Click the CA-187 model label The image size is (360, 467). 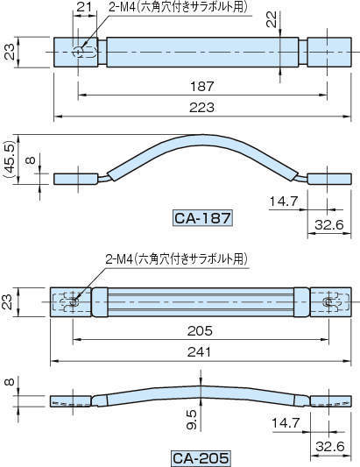click(x=203, y=218)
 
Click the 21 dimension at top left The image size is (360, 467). click(x=84, y=8)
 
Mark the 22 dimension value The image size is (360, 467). click(x=271, y=18)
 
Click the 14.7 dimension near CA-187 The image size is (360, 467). click(x=283, y=202)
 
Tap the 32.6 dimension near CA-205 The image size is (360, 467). click(x=329, y=446)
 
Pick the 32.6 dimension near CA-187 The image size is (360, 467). click(x=329, y=225)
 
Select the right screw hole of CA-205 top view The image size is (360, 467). click(x=328, y=302)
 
